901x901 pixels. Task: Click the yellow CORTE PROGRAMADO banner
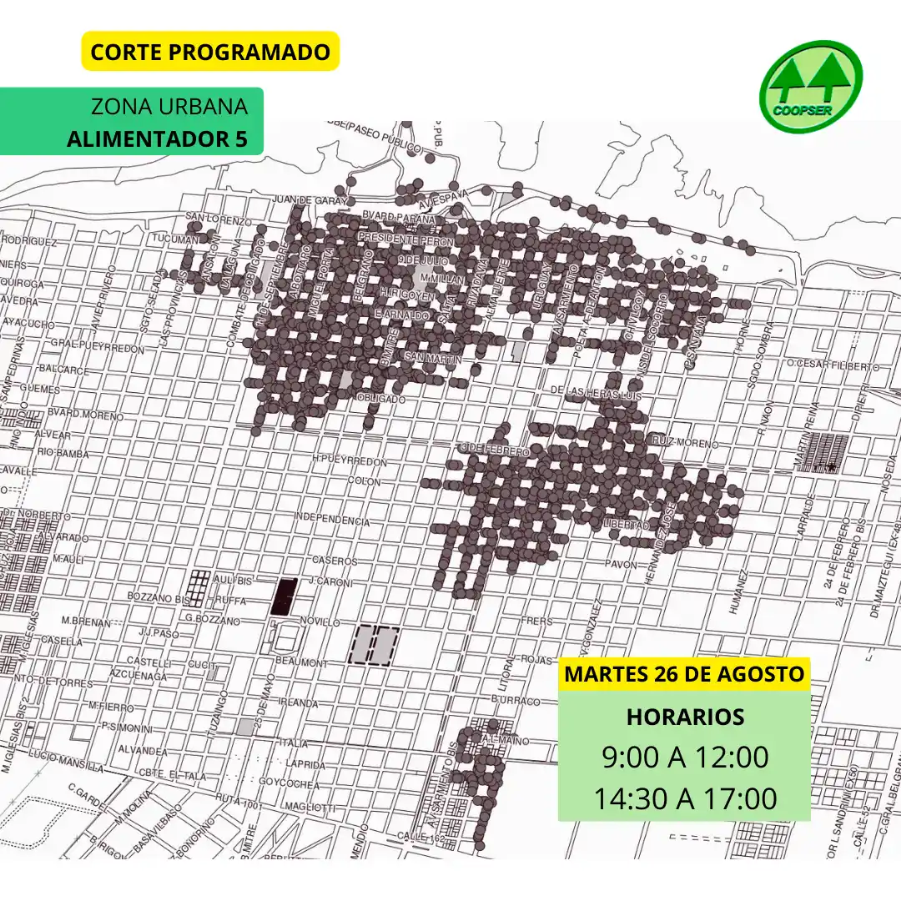point(210,52)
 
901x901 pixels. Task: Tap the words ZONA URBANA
point(169,108)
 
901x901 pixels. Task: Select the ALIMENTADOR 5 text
point(158,138)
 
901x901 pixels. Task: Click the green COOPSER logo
point(811,87)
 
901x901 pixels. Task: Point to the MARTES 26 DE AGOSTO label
point(684,674)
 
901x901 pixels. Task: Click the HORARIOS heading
point(684,717)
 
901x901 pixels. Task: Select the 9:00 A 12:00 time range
point(684,758)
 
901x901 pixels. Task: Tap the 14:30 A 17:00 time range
point(684,798)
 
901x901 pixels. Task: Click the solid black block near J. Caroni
point(284,596)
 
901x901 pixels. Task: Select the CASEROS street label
point(334,561)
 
